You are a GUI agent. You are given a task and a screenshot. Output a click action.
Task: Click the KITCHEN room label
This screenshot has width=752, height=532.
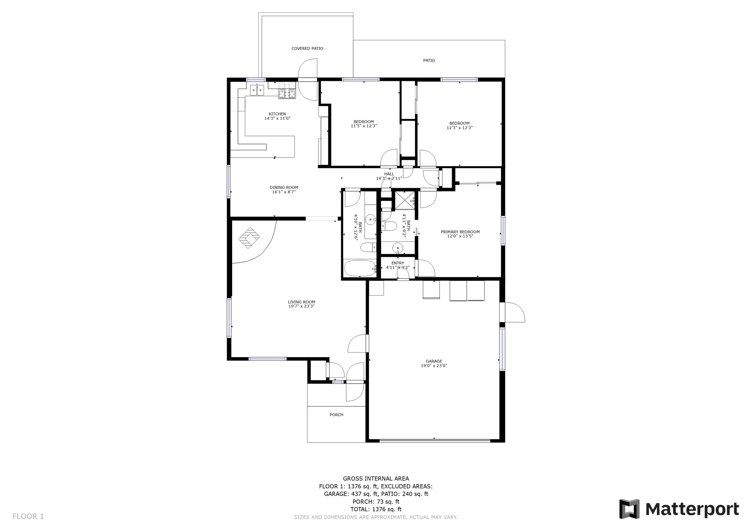click(x=277, y=114)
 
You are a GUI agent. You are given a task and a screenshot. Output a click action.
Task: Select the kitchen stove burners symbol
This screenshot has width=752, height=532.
click(x=287, y=90)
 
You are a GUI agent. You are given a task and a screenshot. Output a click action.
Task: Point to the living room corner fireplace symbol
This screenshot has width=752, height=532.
click(x=249, y=237)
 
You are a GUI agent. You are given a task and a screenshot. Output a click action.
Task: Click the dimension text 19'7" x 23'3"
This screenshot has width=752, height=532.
click(x=301, y=306)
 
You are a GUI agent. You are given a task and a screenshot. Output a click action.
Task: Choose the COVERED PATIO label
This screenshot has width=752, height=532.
click(x=307, y=48)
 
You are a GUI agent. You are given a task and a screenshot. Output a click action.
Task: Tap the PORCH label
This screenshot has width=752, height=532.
click(x=336, y=415)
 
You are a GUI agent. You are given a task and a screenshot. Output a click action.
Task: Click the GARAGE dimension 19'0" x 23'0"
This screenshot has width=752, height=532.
click(x=434, y=366)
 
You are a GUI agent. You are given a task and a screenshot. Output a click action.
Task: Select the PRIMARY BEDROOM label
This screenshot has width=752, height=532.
click(x=460, y=232)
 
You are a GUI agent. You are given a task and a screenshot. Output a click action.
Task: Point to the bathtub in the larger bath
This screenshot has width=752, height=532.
click(x=359, y=268)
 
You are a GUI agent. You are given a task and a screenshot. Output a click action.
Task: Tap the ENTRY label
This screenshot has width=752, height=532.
click(x=397, y=263)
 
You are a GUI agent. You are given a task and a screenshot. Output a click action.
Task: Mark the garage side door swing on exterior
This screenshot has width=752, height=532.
click(x=513, y=313)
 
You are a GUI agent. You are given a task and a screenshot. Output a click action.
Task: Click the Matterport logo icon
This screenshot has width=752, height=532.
click(x=629, y=509)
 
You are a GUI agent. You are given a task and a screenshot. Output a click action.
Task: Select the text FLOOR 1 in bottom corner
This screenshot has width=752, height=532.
click(x=28, y=516)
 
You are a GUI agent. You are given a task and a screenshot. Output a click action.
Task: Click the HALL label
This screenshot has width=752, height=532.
click(x=389, y=174)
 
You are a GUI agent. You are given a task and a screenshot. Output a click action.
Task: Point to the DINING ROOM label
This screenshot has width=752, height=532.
click(x=283, y=187)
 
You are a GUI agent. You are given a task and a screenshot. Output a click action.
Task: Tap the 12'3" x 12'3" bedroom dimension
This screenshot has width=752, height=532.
click(x=459, y=128)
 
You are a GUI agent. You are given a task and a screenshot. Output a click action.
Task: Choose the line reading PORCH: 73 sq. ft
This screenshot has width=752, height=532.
click(x=376, y=502)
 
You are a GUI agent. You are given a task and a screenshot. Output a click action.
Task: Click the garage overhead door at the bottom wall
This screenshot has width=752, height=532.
click(x=434, y=440)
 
